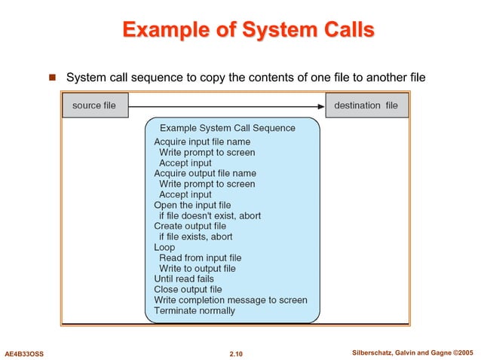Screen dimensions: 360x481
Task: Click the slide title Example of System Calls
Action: tap(247, 31)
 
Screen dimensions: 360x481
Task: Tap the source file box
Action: tap(94, 105)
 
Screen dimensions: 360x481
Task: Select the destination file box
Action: tap(366, 105)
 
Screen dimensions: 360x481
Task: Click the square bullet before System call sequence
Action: tap(53, 78)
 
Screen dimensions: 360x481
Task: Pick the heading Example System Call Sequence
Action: tap(227, 128)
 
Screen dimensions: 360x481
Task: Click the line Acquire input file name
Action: tap(202, 142)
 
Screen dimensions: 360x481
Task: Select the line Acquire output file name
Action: tap(205, 173)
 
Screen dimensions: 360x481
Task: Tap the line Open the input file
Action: tap(192, 205)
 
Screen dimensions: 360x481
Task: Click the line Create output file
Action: tap(190, 226)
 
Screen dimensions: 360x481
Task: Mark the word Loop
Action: tap(164, 247)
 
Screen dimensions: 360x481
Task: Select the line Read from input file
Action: tap(200, 258)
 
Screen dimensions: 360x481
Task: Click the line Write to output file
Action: tap(197, 268)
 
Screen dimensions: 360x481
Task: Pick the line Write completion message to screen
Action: tap(231, 300)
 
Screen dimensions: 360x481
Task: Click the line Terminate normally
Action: tap(195, 310)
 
